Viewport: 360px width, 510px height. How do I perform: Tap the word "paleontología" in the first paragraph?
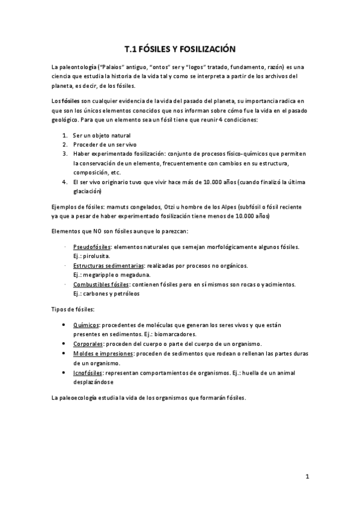click(76, 67)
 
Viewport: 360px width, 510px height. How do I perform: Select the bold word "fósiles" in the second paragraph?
click(71, 98)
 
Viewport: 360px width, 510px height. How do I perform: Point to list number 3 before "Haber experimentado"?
click(64, 153)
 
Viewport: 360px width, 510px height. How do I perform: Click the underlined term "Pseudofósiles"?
click(91, 247)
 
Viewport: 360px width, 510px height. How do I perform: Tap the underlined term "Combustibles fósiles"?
click(101, 284)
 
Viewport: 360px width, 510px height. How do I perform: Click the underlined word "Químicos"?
click(85, 325)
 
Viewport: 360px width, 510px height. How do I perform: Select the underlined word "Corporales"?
click(88, 343)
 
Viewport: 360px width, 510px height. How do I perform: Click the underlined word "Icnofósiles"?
click(88, 372)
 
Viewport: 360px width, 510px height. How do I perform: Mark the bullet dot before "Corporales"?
click(65, 343)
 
